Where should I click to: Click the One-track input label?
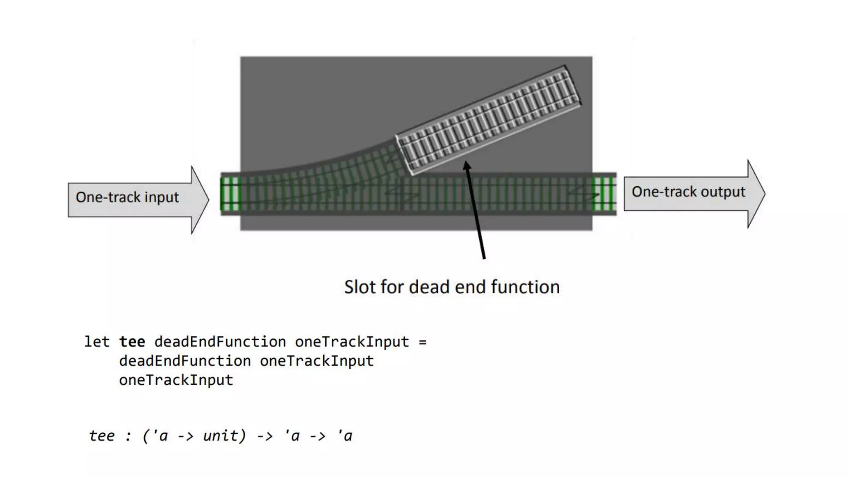coord(127,198)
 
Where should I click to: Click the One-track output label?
coord(688,192)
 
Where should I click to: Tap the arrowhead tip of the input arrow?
coord(208,200)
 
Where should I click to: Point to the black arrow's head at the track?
coord(467,164)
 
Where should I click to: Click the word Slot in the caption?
coord(360,287)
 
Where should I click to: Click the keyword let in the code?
coord(97,342)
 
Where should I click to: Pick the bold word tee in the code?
coord(132,342)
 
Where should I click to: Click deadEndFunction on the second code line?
coord(185,361)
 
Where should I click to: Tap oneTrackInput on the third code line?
coord(176,380)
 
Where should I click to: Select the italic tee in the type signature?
coord(102,436)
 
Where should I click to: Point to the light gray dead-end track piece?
coord(488,120)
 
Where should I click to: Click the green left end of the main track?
coord(230,194)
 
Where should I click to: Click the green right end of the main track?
coord(604,194)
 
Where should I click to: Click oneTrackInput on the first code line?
coord(352,342)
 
